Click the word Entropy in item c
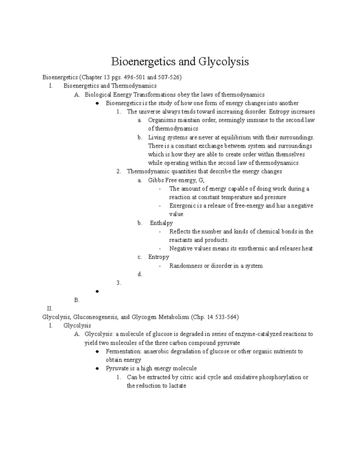coord(158,257)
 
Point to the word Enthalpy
coord(161,223)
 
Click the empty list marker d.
coord(140,274)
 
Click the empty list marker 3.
coord(119,283)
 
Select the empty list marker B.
coord(76,300)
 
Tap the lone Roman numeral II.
coord(49,308)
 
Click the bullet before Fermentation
coord(97,352)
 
